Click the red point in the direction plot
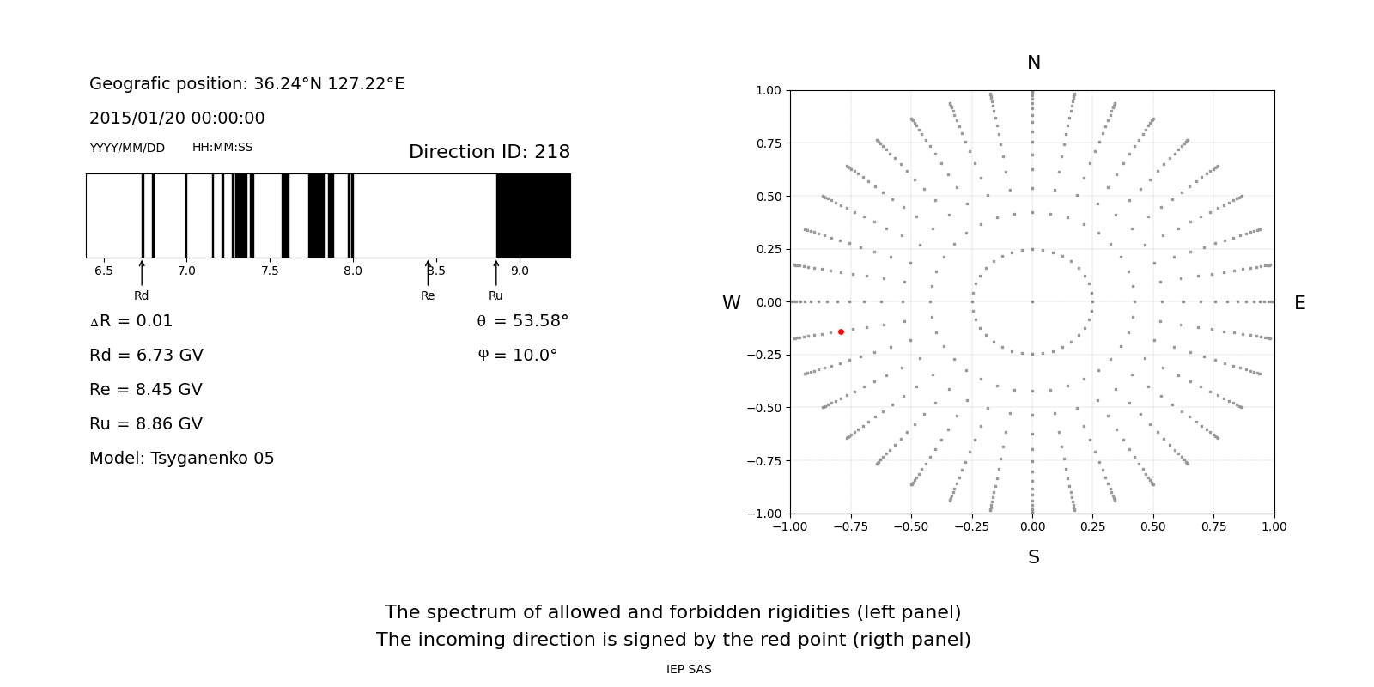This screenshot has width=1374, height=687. point(841,331)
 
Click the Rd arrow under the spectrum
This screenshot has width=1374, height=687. point(142,272)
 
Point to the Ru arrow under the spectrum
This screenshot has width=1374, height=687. point(496,272)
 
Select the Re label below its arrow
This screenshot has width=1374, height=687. point(428,296)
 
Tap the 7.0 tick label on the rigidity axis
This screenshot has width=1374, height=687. point(186,271)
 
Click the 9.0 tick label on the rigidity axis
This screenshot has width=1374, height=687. point(520,271)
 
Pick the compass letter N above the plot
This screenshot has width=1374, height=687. point(1033,63)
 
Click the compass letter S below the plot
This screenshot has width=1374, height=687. point(1033,558)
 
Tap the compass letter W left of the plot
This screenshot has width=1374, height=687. point(731,303)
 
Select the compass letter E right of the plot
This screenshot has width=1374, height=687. point(1299,303)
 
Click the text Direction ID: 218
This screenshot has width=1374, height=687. point(489,152)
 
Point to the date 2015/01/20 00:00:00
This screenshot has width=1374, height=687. point(177,119)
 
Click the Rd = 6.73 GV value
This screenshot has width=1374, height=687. point(146,356)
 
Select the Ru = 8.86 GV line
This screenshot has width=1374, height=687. point(146,424)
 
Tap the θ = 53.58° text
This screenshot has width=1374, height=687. point(522,321)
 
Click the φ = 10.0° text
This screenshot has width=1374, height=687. point(517,356)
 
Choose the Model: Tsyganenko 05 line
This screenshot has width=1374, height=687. point(182,459)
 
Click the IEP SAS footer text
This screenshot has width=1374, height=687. point(689,670)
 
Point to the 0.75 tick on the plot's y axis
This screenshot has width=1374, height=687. point(769,143)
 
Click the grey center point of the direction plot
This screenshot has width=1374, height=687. point(1032,301)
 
